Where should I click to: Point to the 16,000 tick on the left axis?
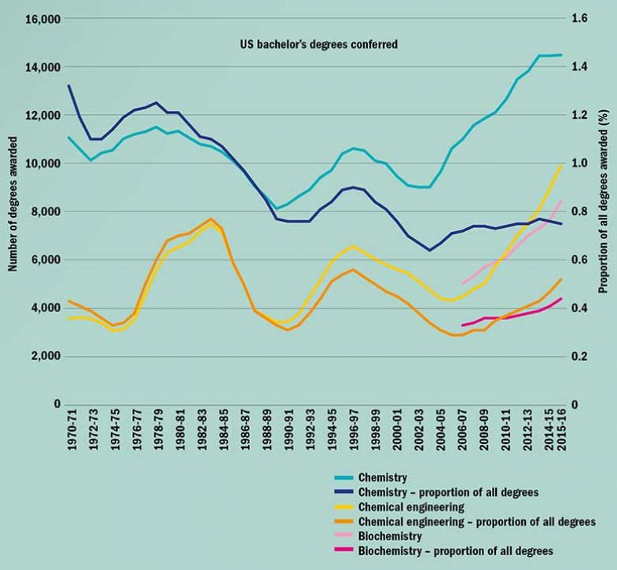44,19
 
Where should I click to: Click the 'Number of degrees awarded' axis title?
13,212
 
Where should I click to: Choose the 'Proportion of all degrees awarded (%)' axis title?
604,212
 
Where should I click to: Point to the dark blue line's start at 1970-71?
69,86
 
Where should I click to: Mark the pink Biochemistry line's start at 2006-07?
462,283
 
